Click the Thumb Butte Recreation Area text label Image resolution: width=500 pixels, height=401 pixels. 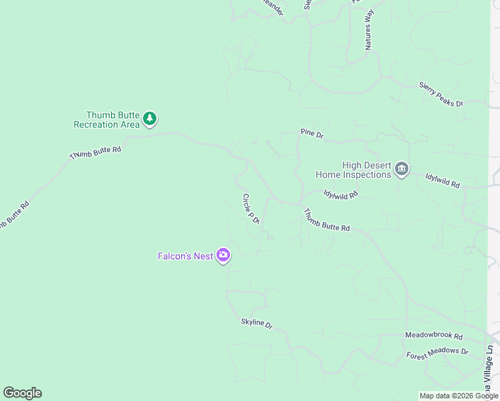[x=107, y=120]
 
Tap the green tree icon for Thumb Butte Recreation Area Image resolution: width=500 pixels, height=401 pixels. [x=150, y=119]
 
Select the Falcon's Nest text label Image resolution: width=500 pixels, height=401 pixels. [x=185, y=256]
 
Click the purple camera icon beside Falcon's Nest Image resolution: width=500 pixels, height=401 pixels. [x=223, y=255]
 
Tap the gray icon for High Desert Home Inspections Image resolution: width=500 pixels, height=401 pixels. [x=402, y=168]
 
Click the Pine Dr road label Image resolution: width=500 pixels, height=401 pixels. [x=312, y=134]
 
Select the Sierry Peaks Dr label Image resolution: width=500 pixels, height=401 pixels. [x=441, y=94]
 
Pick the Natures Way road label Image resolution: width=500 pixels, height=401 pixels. [x=368, y=31]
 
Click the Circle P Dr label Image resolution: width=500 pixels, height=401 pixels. [x=251, y=209]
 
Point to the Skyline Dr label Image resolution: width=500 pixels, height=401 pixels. [x=257, y=323]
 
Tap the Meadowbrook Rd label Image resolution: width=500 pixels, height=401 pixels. [x=434, y=335]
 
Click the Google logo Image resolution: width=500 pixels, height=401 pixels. [x=22, y=393]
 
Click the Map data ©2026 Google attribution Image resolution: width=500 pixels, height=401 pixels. [x=459, y=396]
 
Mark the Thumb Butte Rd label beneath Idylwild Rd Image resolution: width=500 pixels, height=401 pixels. [x=327, y=220]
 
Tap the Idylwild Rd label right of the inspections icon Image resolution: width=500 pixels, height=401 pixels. [x=443, y=180]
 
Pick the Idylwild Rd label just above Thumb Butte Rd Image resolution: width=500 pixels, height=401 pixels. [x=341, y=194]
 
